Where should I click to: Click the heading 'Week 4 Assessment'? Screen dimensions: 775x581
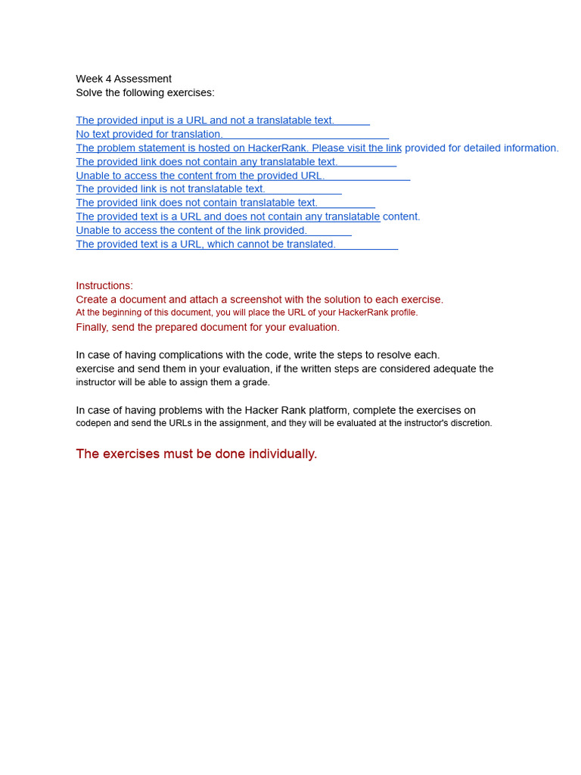[x=123, y=79]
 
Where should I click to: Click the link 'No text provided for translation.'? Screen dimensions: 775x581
[x=149, y=134]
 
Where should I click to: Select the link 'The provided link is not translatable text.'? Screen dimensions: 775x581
[x=170, y=188]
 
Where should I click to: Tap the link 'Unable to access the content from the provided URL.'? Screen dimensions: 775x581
[x=200, y=176]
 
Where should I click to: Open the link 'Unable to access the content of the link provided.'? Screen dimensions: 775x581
[x=191, y=230]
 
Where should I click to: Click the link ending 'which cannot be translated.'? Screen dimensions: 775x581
[x=206, y=244]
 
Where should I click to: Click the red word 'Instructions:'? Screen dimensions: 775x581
[x=104, y=285]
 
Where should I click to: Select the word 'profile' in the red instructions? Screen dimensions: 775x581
[x=402, y=313]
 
